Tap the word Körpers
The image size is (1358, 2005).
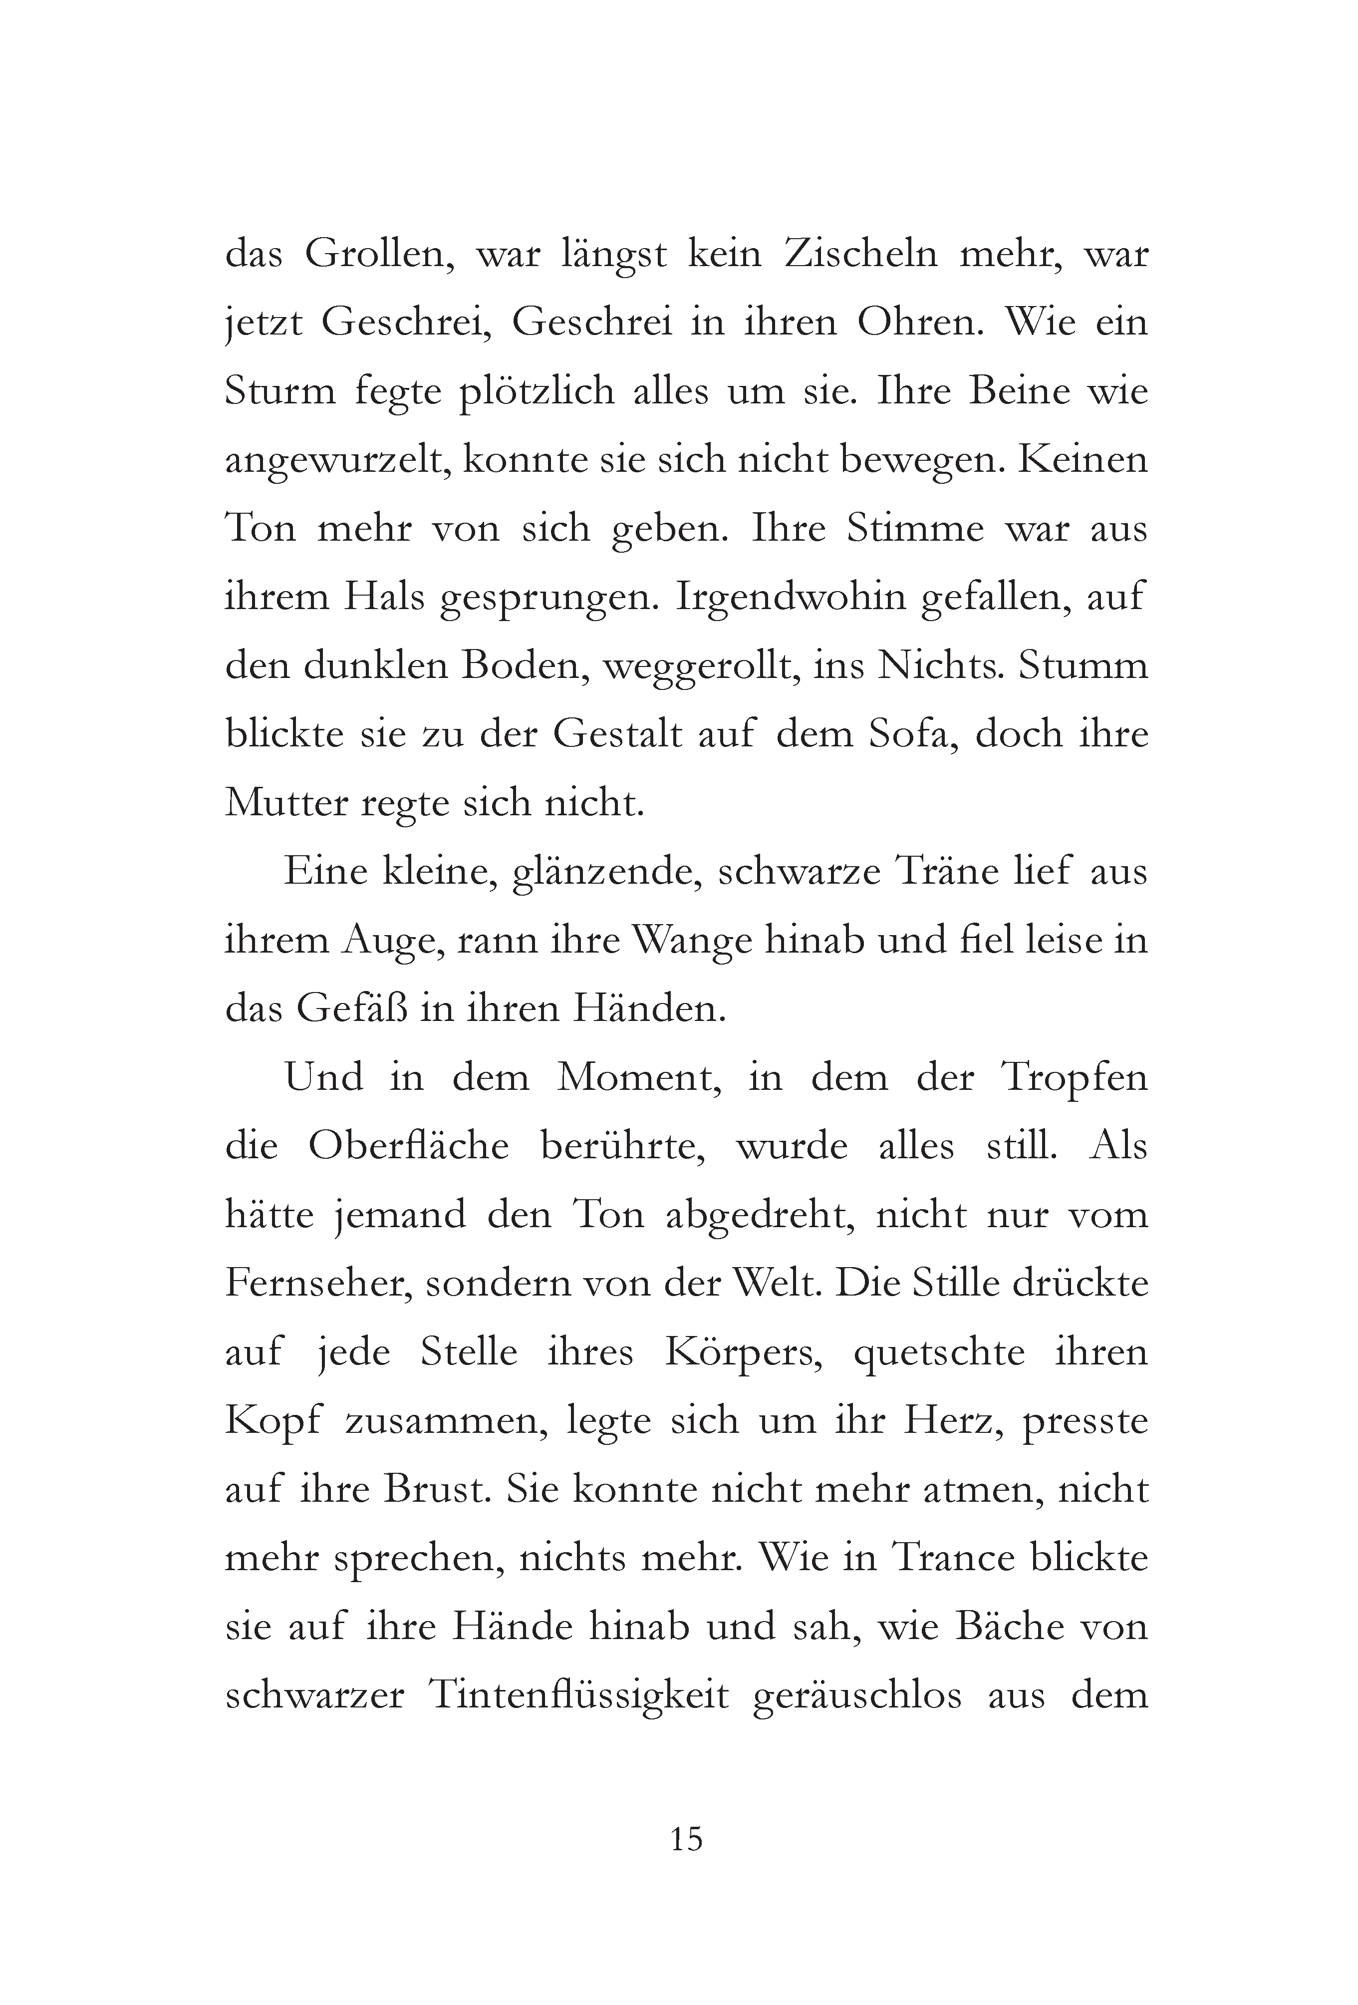point(743,1352)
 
